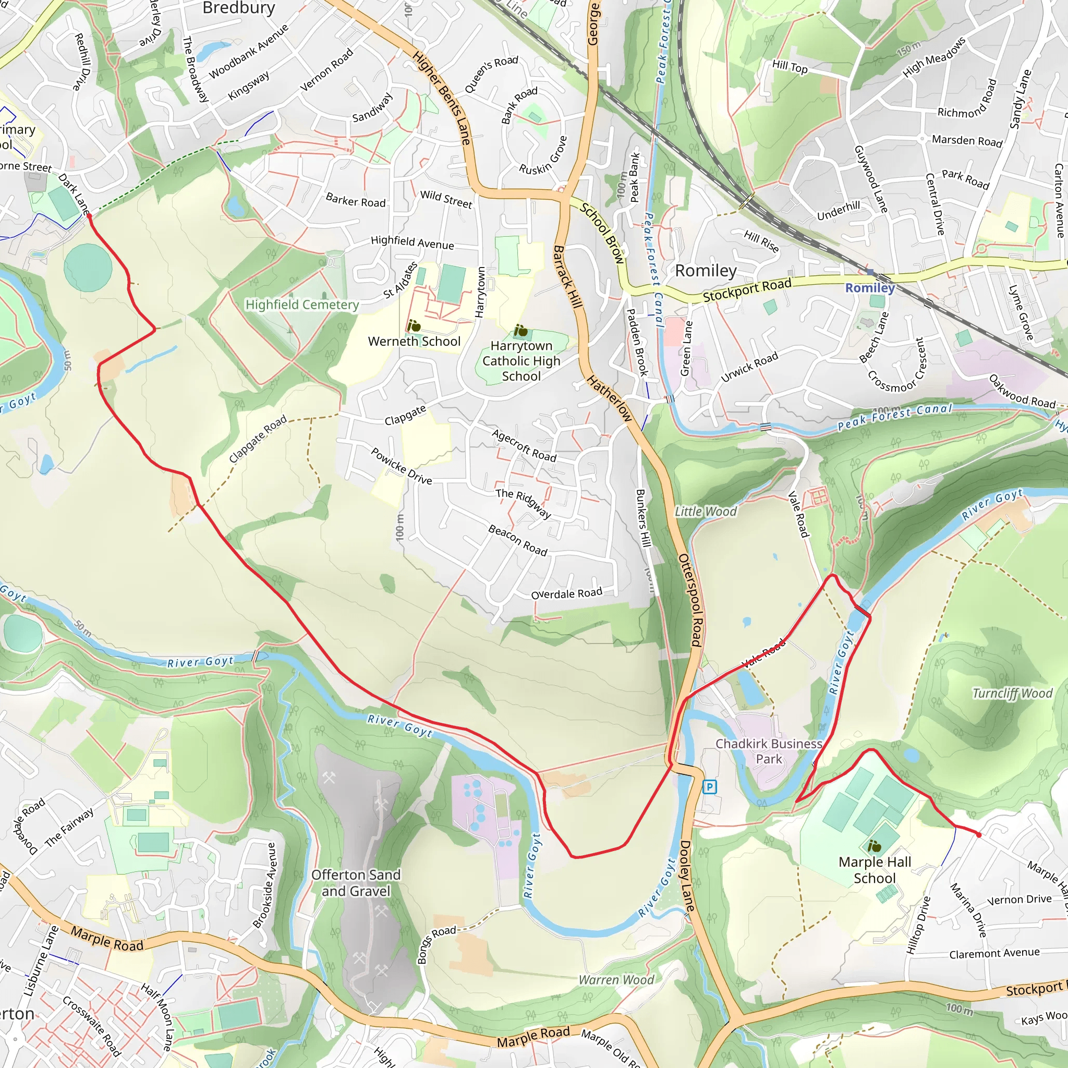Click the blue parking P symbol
[x=709, y=786]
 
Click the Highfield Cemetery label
[x=302, y=305]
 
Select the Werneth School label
[x=414, y=341]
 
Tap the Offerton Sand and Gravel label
[x=356, y=882]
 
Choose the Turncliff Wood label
[x=1012, y=693]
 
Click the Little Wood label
[x=706, y=512]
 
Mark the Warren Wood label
[x=616, y=979]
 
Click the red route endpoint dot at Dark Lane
[x=89, y=216]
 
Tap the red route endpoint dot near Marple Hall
[x=978, y=835]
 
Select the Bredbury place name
[x=238, y=8]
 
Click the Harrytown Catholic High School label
[x=521, y=360]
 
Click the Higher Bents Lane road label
[x=442, y=98]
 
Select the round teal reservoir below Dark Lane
[x=88, y=268]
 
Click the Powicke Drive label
[x=402, y=466]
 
